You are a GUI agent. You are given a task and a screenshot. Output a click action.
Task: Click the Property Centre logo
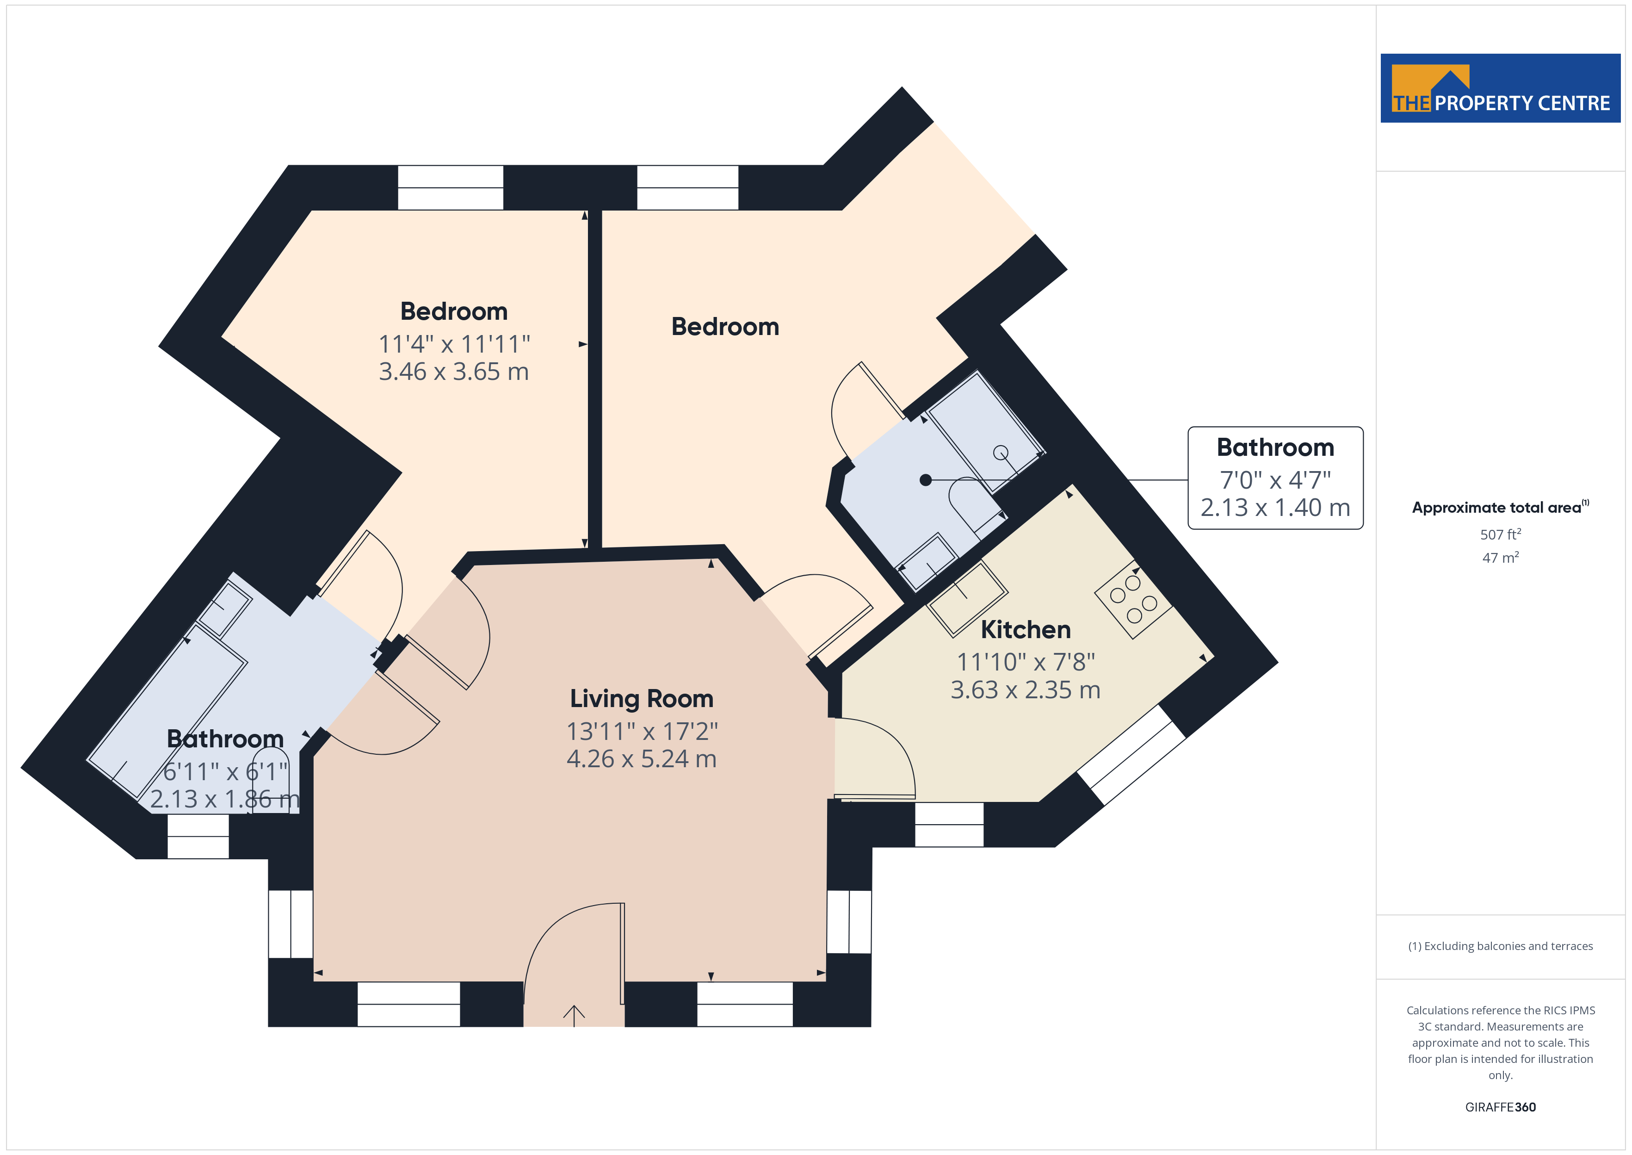[1500, 88]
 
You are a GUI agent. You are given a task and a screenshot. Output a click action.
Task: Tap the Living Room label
[641, 698]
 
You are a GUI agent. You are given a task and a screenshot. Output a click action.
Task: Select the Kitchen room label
[1026, 629]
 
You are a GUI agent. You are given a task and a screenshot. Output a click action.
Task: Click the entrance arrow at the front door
[574, 1016]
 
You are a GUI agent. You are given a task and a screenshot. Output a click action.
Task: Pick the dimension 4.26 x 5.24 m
[641, 759]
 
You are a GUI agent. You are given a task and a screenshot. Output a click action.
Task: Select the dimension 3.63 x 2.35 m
[1026, 690]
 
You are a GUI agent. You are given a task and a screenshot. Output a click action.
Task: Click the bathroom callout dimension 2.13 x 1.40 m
[1275, 508]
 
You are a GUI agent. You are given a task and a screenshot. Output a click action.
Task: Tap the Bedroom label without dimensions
[725, 326]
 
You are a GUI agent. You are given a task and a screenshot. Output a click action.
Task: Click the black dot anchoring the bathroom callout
[926, 480]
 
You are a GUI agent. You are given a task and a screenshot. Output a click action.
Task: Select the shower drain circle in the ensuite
[1001, 452]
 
